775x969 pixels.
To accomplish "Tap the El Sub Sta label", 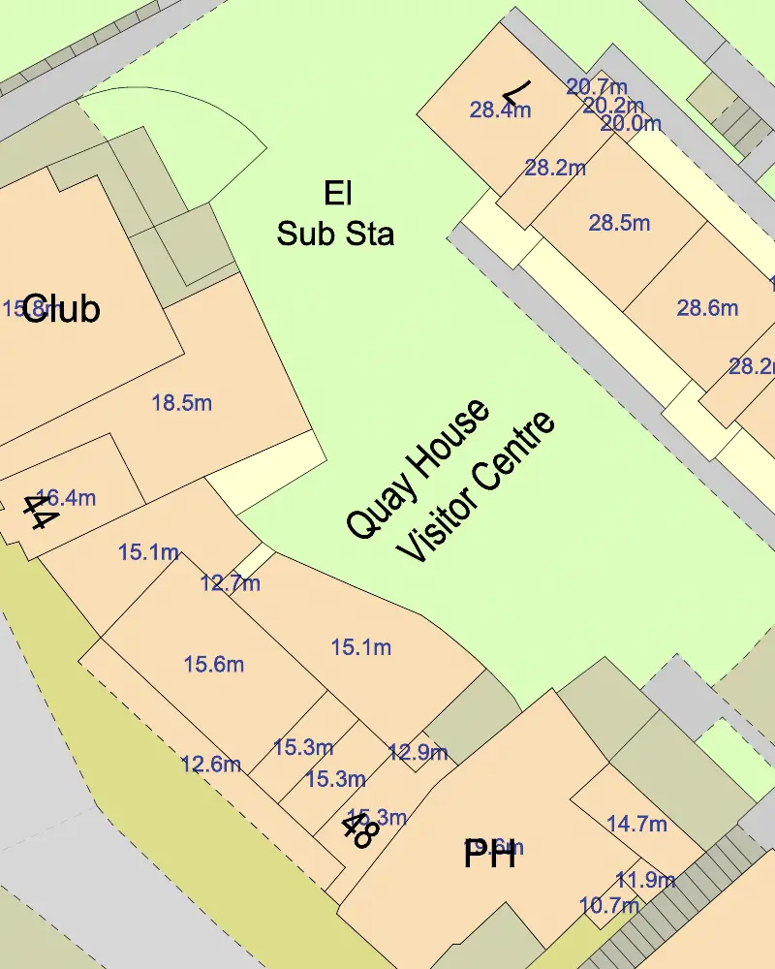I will [336, 214].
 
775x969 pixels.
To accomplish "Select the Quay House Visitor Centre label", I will [450, 482].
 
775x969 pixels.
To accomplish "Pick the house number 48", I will [359, 830].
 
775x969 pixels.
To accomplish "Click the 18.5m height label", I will [182, 402].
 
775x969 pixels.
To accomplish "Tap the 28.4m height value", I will [500, 109].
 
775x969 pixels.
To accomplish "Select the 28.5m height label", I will [619, 223].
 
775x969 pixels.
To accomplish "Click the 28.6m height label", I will [707, 309].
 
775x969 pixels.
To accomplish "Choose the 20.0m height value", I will [631, 124].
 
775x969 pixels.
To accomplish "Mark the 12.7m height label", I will [231, 583].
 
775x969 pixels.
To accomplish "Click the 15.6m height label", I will [213, 664].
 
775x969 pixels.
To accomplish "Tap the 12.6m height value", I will [210, 764].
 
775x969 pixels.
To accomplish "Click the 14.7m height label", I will [636, 824].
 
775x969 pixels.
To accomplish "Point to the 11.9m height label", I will [645, 880].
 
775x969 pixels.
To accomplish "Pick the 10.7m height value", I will [608, 906].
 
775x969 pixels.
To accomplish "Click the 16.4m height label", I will [66, 498].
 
